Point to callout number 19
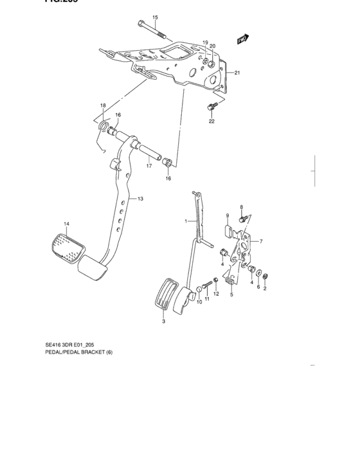click(x=206, y=43)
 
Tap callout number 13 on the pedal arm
click(x=140, y=199)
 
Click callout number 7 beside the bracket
click(x=262, y=241)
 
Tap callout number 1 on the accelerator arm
click(x=186, y=221)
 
